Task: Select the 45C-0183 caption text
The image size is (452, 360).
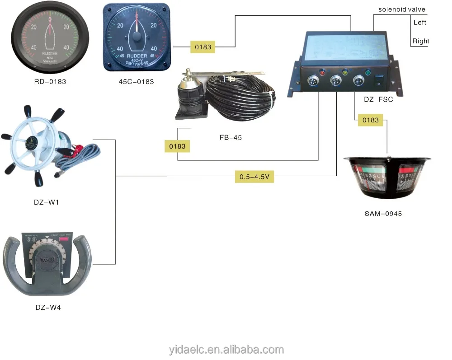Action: point(136,82)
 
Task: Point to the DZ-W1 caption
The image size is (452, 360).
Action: point(47,202)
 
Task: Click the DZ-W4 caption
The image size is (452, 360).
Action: point(48,308)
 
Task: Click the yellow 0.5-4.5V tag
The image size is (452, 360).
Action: point(254,177)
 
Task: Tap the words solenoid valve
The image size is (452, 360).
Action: point(402,9)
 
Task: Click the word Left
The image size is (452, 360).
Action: point(420,23)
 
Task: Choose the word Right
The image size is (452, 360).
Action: point(421,41)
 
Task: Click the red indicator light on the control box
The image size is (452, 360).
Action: point(322,72)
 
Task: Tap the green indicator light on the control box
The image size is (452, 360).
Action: point(367,72)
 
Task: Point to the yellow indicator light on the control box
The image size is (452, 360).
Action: point(344,72)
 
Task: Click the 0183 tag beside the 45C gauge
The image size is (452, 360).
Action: point(203,47)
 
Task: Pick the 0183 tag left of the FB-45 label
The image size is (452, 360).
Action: point(178,146)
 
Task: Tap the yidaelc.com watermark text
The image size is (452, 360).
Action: point(226,350)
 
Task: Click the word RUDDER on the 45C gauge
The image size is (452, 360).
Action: point(136,56)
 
